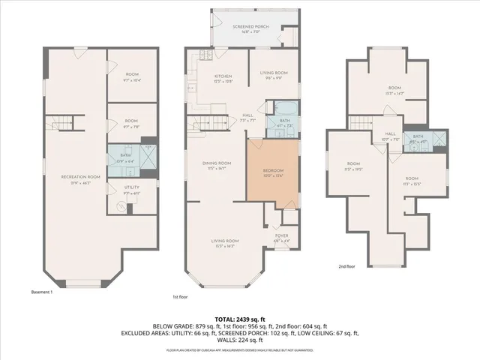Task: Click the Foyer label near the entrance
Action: (282, 236)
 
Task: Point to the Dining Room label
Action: (219, 166)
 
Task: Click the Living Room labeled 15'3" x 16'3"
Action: (223, 243)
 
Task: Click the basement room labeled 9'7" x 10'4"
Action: (131, 76)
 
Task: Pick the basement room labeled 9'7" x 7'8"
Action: (131, 124)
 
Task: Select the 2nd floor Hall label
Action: (389, 136)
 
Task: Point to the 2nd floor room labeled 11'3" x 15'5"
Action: (412, 181)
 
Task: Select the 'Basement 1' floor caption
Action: (41, 292)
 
